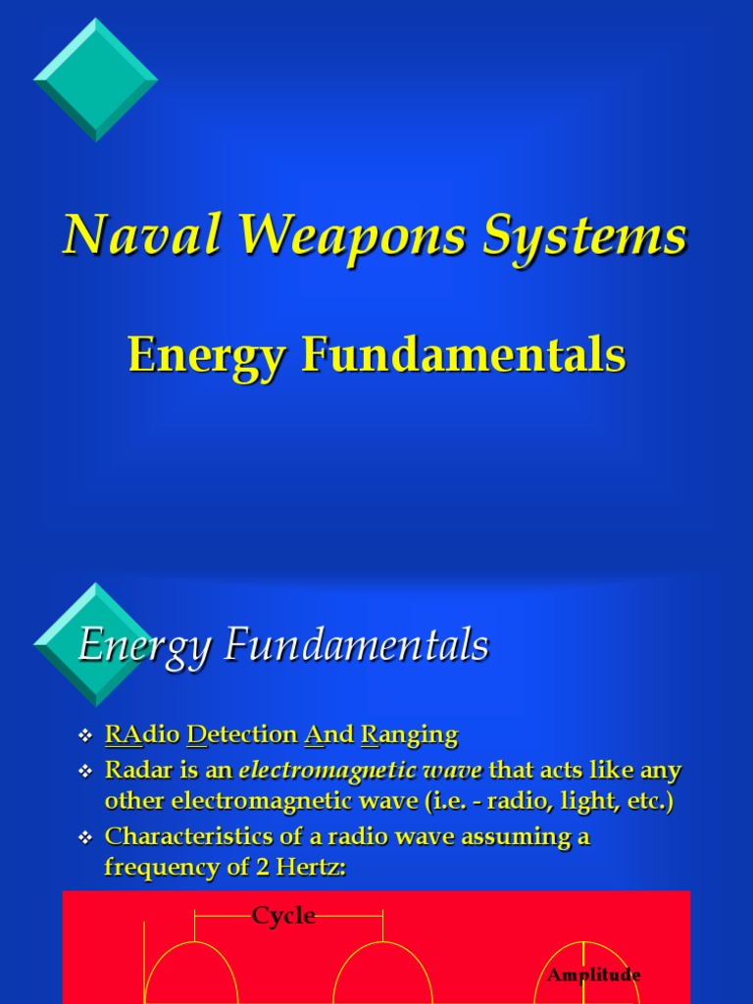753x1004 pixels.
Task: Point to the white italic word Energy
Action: (x=145, y=647)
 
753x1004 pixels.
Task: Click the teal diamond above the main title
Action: (x=95, y=78)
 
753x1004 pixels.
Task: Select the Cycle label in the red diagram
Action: (x=283, y=916)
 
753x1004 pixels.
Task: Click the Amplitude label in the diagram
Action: (x=593, y=975)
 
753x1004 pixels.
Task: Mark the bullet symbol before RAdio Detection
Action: (x=84, y=735)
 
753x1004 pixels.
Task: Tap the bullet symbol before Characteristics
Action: (x=84, y=838)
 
